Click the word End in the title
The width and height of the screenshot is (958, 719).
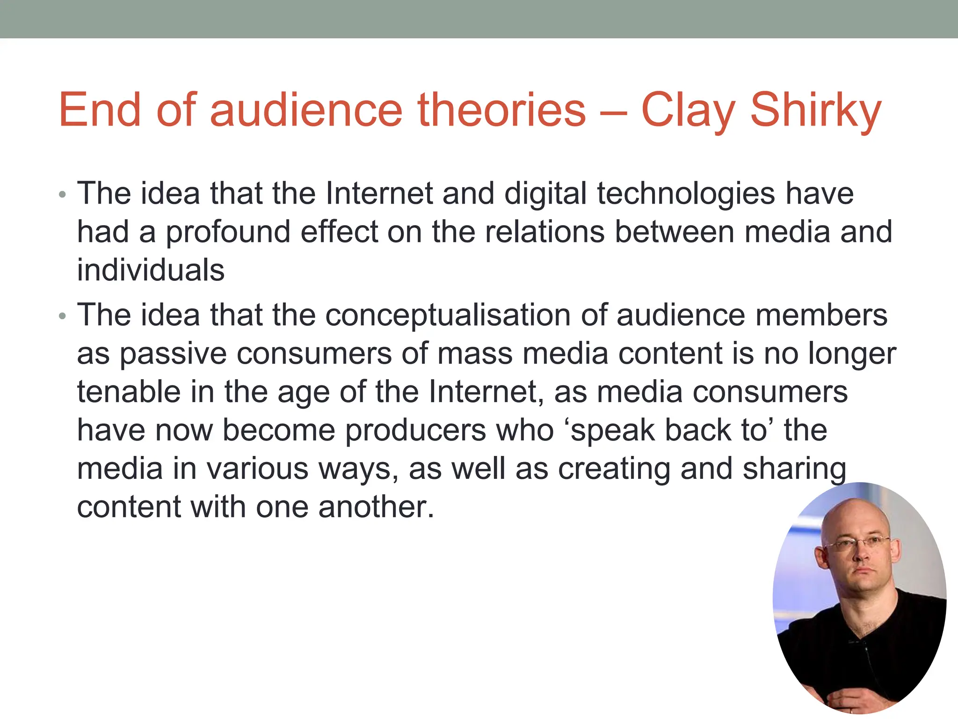[100, 110]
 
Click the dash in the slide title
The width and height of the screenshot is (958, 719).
[613, 112]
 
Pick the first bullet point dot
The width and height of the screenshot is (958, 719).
[63, 195]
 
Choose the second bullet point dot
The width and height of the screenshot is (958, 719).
[63, 316]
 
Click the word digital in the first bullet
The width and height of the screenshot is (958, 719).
[545, 194]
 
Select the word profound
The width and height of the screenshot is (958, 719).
[228, 232]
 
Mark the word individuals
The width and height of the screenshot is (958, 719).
[151, 270]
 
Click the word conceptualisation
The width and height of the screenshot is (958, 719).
[448, 315]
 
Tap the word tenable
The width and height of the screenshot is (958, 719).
[129, 392]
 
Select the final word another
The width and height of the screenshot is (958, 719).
[376, 507]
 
